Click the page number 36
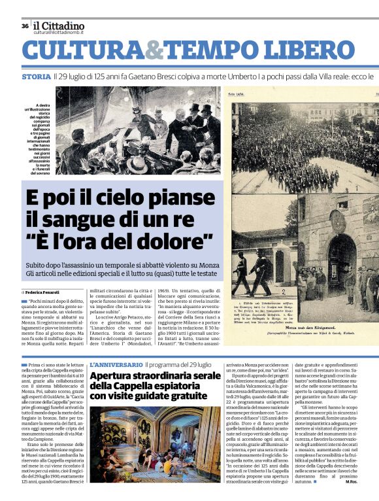tap(25, 26)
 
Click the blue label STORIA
tap(35, 77)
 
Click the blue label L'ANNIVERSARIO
tap(116, 364)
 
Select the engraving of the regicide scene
tap(138, 130)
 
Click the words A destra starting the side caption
tap(42, 105)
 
